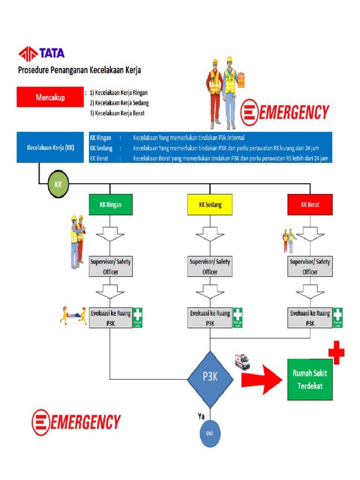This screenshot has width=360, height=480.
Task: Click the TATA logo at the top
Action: [x=41, y=53]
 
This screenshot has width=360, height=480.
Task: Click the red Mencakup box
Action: [x=51, y=97]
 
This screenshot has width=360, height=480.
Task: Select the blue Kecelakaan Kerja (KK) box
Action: [x=51, y=147]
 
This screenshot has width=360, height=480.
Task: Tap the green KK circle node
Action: [x=59, y=184]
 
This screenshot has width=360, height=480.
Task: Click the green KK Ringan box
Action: [x=111, y=205]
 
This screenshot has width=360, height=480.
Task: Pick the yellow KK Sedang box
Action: [x=210, y=205]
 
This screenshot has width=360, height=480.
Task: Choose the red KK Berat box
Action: [x=310, y=205]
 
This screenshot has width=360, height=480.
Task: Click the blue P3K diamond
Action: [x=210, y=378]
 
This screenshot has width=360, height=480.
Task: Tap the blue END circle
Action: [x=210, y=433]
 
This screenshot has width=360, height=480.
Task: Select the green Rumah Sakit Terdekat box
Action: [x=310, y=379]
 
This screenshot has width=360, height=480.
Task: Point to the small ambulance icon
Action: [x=242, y=361]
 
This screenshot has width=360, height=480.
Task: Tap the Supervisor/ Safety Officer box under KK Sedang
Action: [x=210, y=267]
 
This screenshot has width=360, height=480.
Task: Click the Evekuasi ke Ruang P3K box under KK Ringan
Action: [x=111, y=318]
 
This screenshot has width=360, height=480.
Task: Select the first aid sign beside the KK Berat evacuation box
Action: [x=337, y=318]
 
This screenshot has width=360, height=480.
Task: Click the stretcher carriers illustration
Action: [x=73, y=315]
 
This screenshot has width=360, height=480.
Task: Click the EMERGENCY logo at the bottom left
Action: [x=76, y=422]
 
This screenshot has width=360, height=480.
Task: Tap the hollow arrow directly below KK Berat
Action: [x=310, y=233]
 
